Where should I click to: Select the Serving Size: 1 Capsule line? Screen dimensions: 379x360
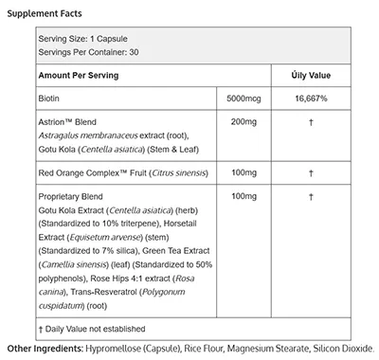(83, 39)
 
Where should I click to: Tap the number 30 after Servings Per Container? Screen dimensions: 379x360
(135, 53)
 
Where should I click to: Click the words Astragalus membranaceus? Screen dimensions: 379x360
(91, 135)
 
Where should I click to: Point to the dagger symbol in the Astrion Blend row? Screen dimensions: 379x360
(309, 121)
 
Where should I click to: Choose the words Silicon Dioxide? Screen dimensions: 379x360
(342, 349)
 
